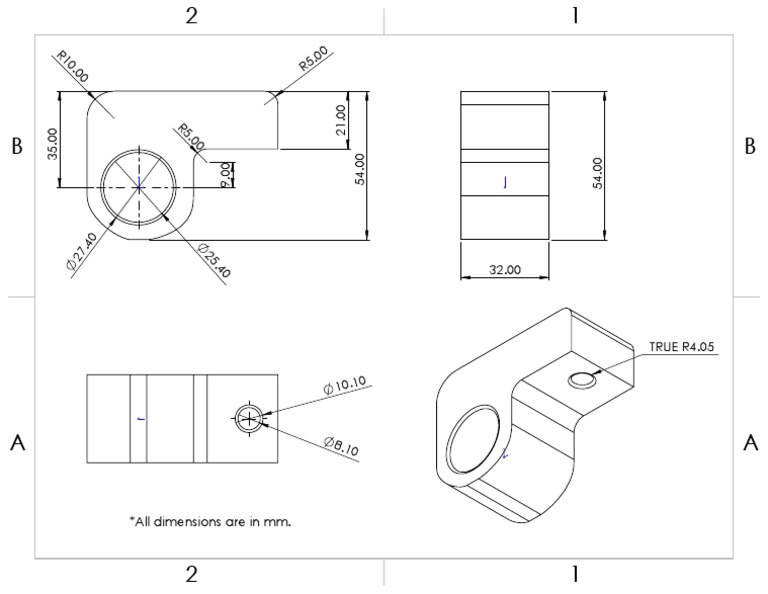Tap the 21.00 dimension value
(341, 120)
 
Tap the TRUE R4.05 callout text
(683, 347)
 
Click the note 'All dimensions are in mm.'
(210, 520)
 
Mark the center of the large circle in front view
(139, 186)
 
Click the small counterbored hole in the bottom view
(248, 419)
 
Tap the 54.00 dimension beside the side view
(597, 166)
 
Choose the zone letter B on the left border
(16, 146)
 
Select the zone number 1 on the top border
(575, 15)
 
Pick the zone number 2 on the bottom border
(191, 574)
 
